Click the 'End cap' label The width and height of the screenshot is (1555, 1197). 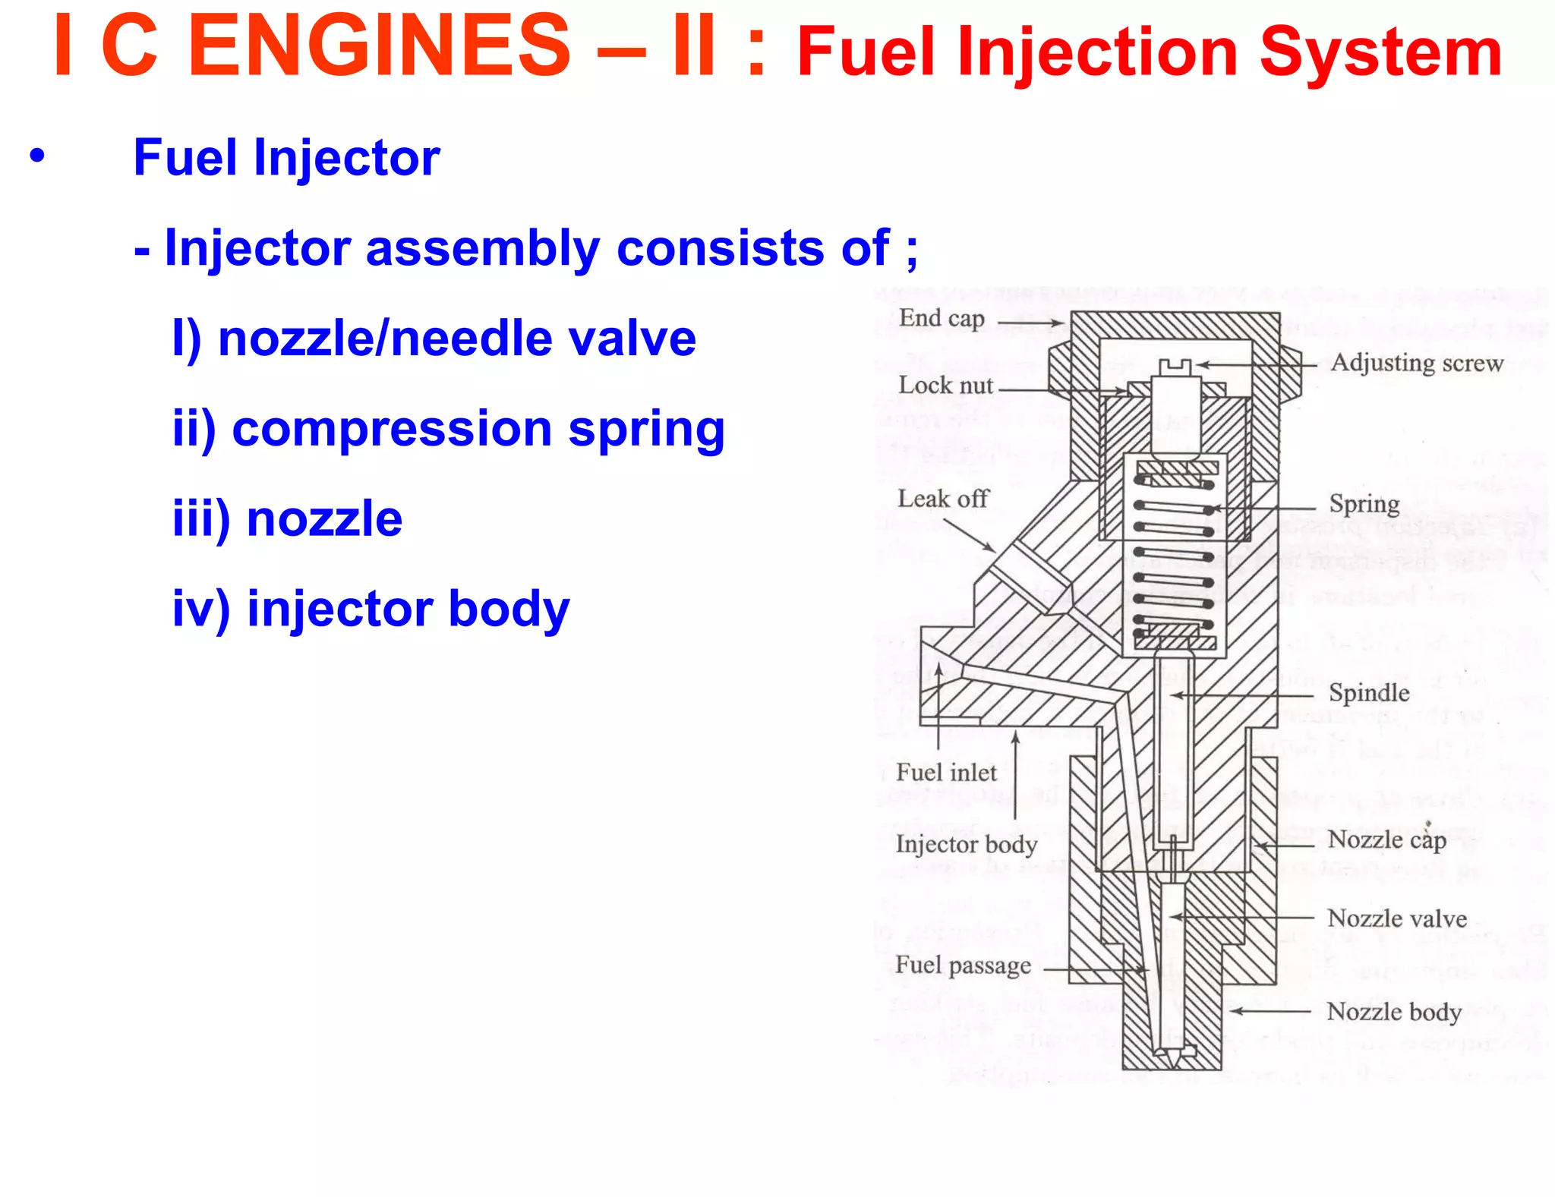tap(942, 318)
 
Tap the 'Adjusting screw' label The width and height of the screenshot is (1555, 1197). tap(1416, 363)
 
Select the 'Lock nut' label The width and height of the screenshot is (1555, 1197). tap(945, 386)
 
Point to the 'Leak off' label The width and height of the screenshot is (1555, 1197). tap(943, 499)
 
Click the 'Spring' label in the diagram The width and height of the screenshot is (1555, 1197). tap(1364, 504)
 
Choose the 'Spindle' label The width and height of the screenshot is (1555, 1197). tap(1368, 692)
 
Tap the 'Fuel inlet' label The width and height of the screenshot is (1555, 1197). tap(946, 773)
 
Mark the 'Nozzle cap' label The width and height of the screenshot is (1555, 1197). tap(1386, 839)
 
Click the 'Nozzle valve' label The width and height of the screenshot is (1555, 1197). tap(1396, 918)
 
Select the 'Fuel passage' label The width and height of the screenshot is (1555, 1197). tap(963, 965)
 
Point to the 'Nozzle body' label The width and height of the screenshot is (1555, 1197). tap(1393, 1012)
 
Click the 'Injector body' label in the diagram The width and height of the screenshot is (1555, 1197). tap(966, 844)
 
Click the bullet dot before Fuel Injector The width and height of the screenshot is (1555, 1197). tap(37, 156)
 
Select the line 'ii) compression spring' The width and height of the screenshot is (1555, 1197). tap(448, 429)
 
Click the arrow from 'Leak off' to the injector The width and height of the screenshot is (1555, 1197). tap(970, 534)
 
